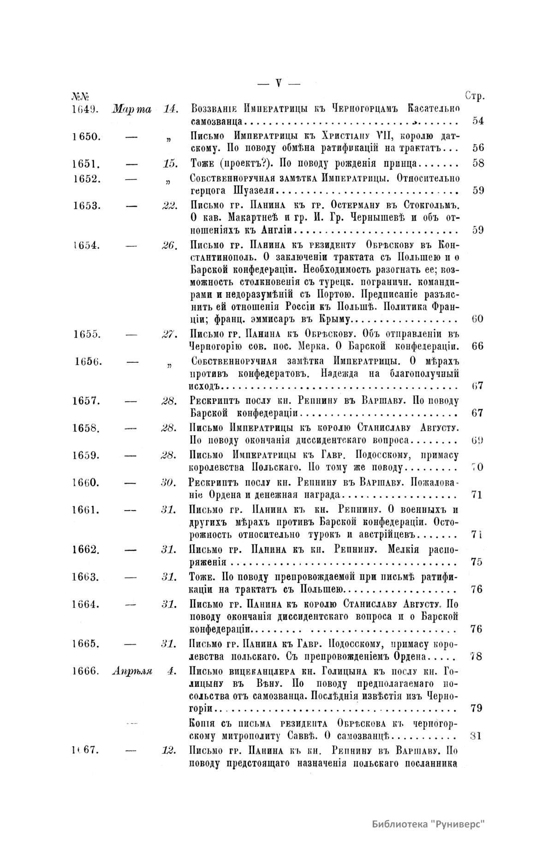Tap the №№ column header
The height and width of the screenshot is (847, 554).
coord(80,96)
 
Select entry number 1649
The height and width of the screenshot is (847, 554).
coord(83,109)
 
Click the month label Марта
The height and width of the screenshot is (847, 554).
coord(132,109)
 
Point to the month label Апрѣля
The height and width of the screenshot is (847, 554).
coord(132,672)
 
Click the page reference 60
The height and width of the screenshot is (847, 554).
coord(477,319)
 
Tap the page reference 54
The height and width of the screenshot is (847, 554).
coord(478,121)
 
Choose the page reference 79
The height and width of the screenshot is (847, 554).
coord(477,709)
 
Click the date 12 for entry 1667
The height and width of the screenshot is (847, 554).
coord(170,750)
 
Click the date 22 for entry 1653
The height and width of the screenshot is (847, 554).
coord(170,205)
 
